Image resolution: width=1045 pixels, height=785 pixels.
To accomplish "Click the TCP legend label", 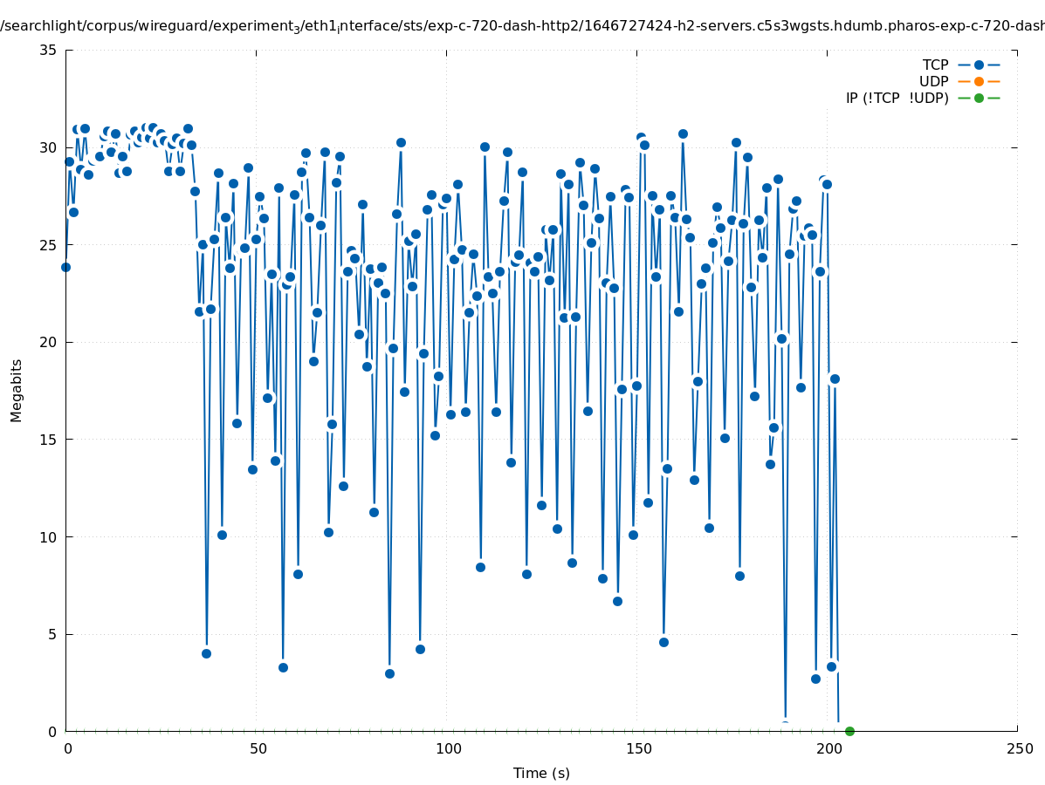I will click(x=935, y=65).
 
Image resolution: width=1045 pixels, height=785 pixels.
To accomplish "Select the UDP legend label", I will click(x=933, y=81).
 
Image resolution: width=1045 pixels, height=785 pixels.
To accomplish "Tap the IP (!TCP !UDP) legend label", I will click(x=897, y=98).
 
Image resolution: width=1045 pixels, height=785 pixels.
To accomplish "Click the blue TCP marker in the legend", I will click(x=979, y=65).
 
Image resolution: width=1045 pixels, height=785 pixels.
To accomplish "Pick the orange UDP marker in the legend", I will click(x=979, y=81).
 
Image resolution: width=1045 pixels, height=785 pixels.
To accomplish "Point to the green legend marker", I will click(x=979, y=98).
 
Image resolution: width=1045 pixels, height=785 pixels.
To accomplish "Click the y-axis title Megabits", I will click(x=17, y=390).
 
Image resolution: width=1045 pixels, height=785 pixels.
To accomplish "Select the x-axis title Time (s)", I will click(x=541, y=773).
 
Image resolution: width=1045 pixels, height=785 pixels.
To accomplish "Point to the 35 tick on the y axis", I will click(x=49, y=50).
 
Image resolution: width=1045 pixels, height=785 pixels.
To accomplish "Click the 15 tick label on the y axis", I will click(x=49, y=440).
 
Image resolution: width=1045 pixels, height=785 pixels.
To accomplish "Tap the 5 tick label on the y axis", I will click(x=53, y=634).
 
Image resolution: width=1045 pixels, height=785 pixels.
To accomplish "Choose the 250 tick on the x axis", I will click(x=1019, y=748).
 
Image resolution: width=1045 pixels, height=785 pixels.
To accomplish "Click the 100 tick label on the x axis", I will click(x=448, y=748).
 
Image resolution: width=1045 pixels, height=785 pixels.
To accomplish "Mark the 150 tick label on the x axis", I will click(x=638, y=748).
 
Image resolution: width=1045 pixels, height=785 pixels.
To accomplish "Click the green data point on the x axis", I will click(x=849, y=731).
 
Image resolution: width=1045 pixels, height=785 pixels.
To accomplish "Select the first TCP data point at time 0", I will click(x=65, y=267).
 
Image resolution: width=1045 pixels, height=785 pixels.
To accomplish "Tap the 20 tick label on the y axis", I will click(x=49, y=342).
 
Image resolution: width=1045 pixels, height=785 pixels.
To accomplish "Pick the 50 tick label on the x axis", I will click(x=258, y=748).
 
